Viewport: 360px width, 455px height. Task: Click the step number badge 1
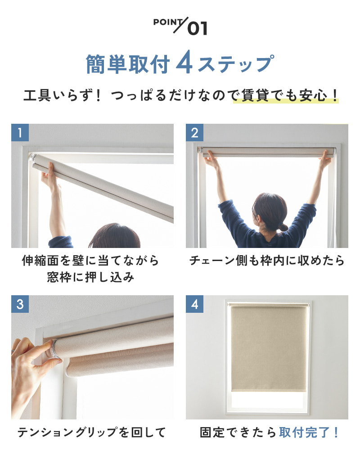tap(20, 133)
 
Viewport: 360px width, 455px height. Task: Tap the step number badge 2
tap(195, 133)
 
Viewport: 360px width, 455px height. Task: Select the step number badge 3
tap(20, 304)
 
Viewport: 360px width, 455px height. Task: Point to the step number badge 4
tap(195, 304)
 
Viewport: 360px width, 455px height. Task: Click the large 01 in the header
tap(198, 28)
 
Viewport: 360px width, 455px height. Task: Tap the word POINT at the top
tap(168, 22)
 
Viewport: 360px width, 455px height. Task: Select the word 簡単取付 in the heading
tap(128, 64)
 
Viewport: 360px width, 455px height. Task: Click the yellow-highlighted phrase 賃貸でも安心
tap(280, 95)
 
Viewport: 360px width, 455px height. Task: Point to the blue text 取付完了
tap(305, 432)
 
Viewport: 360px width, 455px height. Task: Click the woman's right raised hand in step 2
tap(325, 161)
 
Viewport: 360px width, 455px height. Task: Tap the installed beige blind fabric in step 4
tap(268, 349)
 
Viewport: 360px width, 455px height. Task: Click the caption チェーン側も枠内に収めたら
tap(267, 260)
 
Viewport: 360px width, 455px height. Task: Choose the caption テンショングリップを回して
tap(92, 432)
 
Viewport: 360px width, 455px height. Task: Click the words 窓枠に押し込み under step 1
tap(90, 277)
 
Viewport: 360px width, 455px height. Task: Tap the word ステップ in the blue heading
tap(235, 64)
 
